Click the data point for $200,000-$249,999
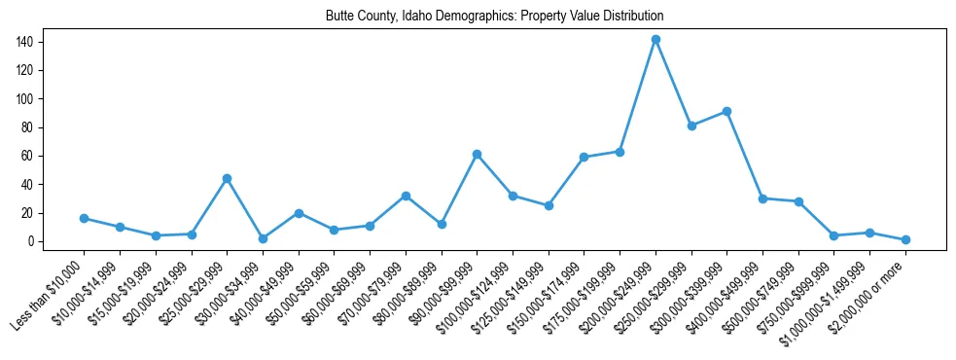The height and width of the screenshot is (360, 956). pos(655,40)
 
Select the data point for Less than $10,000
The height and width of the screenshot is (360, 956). pos(84,218)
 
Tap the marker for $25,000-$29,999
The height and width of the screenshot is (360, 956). pos(227,178)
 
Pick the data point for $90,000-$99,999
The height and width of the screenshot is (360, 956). pos(477,154)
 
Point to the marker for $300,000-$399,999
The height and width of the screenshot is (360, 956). pos(726,111)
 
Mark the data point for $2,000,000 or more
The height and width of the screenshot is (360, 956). pos(905,239)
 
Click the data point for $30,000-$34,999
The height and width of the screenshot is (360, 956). pos(263,238)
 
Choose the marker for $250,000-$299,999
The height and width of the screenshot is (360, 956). pos(691,126)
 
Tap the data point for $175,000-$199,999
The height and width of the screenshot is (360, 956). pos(620,152)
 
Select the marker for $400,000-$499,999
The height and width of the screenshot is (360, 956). pos(762,198)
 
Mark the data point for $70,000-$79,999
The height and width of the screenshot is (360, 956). pos(406,196)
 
